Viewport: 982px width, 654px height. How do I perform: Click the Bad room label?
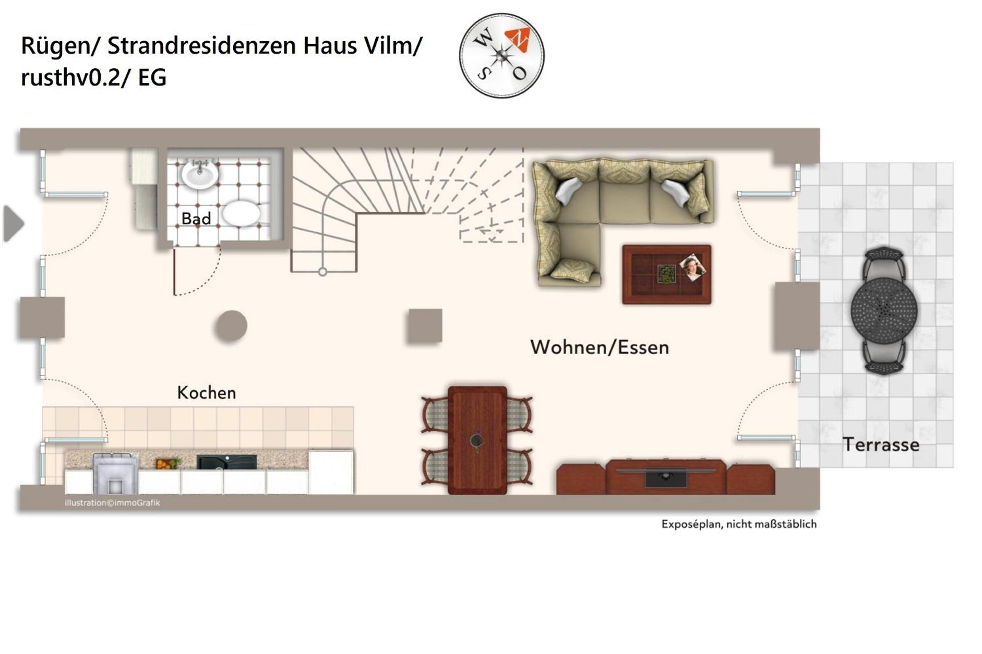tap(196, 219)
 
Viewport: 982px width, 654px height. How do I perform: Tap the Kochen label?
tap(206, 393)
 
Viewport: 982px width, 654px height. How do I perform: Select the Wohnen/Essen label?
tap(599, 347)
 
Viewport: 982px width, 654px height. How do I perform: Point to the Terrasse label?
tap(881, 445)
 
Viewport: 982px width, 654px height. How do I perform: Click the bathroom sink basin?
tap(200, 174)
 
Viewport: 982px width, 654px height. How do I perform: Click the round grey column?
tap(231, 326)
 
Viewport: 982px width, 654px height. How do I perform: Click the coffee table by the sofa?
tap(667, 274)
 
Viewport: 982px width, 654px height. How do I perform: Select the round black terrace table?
tap(884, 311)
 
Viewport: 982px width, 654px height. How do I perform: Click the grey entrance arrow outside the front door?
tap(14, 223)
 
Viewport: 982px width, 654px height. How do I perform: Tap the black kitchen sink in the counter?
tap(227, 462)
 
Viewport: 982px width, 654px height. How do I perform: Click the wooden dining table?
tap(477, 441)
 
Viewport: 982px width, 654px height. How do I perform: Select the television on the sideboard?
tap(666, 477)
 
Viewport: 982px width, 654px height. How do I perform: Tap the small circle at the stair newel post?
tap(322, 272)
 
